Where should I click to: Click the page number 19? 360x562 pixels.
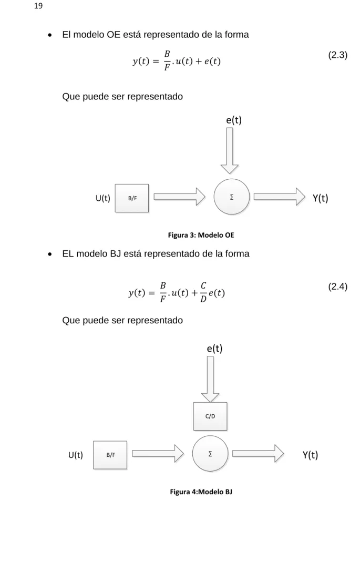point(38,6)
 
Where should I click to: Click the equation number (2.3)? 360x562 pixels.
point(337,55)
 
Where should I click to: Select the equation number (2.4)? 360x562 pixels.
point(337,287)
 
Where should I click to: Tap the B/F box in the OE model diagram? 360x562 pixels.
point(132,198)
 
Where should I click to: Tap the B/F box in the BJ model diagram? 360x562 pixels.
point(110,455)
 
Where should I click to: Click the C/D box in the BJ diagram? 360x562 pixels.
point(210,416)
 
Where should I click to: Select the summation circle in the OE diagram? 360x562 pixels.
point(231,197)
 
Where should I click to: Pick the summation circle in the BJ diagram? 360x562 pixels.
point(210,453)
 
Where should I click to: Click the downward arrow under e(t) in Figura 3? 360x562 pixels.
point(229,151)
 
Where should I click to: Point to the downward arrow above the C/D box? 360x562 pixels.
point(210,379)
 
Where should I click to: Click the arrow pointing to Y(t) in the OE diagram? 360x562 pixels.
point(280,197)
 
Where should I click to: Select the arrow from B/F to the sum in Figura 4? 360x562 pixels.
point(158,453)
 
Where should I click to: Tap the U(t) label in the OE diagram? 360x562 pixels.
point(103,198)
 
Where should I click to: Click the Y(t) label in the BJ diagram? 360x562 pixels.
point(310,455)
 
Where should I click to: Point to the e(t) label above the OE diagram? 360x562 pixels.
point(234,120)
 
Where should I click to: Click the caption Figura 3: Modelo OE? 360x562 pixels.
point(201,235)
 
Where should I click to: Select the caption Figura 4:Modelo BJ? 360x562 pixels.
point(201,492)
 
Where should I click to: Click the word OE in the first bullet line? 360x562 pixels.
point(114,35)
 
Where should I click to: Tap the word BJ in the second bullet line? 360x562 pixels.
point(115,254)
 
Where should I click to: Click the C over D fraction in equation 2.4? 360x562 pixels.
point(203,292)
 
